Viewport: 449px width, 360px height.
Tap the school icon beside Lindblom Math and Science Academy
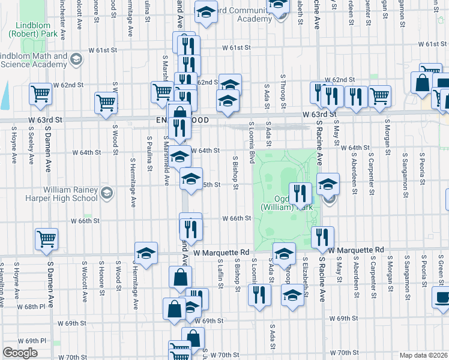[76, 59]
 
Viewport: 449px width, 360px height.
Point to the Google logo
[20, 353]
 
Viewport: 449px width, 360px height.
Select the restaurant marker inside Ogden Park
[300, 194]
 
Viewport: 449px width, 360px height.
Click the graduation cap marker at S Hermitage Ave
[146, 253]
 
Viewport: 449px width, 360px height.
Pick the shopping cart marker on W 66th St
[46, 239]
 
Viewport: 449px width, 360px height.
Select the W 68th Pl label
[32, 306]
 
